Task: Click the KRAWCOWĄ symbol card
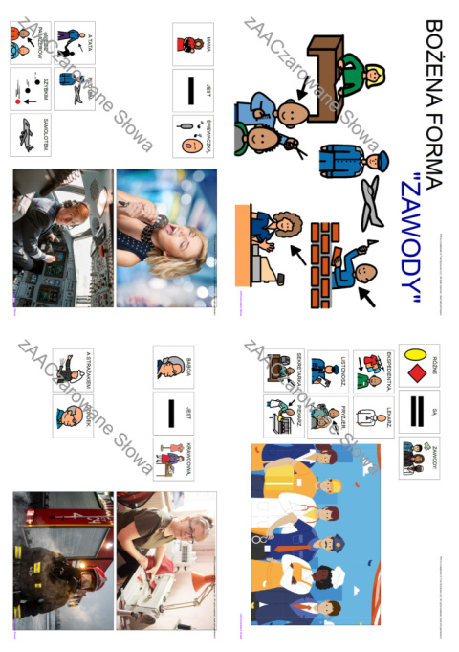(x=173, y=459)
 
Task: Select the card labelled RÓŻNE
(x=419, y=366)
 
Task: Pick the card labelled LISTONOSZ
(x=326, y=371)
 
